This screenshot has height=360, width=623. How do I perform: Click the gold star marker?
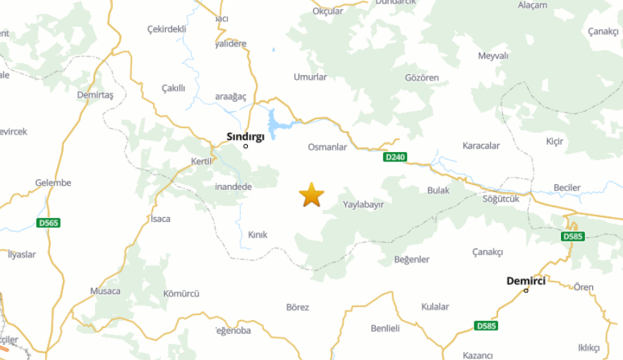(x=311, y=195)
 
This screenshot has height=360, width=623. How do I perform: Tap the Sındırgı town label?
(x=245, y=136)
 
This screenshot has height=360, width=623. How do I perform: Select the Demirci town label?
(x=526, y=281)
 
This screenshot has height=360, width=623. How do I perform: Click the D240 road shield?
(x=394, y=157)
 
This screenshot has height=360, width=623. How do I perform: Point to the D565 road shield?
(x=48, y=223)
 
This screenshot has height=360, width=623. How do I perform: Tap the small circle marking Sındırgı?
(x=246, y=146)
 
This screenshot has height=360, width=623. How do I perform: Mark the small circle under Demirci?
(x=526, y=290)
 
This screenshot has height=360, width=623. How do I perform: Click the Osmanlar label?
(x=327, y=147)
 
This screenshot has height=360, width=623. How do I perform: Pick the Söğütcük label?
(x=500, y=199)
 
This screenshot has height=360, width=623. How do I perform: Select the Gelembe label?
(x=54, y=183)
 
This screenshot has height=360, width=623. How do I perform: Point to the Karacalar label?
(x=482, y=146)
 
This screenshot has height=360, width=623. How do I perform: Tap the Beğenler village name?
(x=412, y=259)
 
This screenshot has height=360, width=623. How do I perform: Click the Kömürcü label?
(x=181, y=294)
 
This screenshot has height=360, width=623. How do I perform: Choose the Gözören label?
(x=422, y=77)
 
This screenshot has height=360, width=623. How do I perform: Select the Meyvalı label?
(x=493, y=56)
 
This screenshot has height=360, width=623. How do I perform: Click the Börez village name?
(x=297, y=307)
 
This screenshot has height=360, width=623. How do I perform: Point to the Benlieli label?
(x=385, y=329)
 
